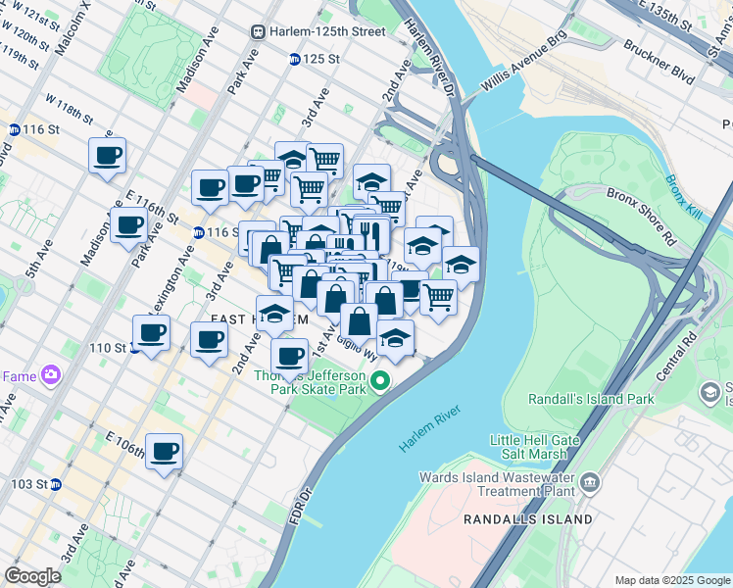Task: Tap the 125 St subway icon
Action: coord(294,59)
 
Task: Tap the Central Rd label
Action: coord(676,357)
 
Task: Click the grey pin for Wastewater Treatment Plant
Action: coord(591,481)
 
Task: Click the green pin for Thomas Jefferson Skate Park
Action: coord(383,380)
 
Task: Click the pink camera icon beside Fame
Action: coord(50,375)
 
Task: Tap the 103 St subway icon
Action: coord(56,484)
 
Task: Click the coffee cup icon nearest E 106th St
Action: coord(165,452)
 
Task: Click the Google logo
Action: coord(33,576)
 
